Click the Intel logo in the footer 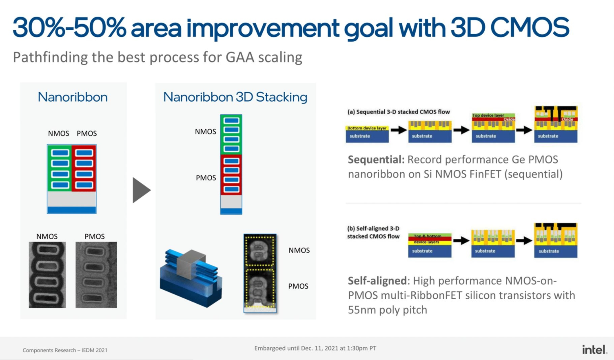pos(594,349)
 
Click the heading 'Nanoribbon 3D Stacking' pos(235,97)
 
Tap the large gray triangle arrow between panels pos(141,190)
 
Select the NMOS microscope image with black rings pos(47,275)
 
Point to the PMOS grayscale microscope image pos(96,275)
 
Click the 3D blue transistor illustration pos(191,278)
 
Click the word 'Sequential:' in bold pos(376,160)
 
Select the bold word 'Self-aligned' pos(377,281)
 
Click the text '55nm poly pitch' pos(387,310)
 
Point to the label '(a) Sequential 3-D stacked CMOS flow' pos(398,112)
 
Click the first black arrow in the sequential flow pos(399,130)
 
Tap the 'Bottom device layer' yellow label pos(367,128)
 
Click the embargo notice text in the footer pos(315,348)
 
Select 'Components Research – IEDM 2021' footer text pos(65,350)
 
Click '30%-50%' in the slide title pos(69,28)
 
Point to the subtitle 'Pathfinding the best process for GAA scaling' pos(157,57)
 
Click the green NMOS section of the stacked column pos(231,135)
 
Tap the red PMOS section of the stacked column pos(231,175)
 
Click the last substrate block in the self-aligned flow pos(556,251)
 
